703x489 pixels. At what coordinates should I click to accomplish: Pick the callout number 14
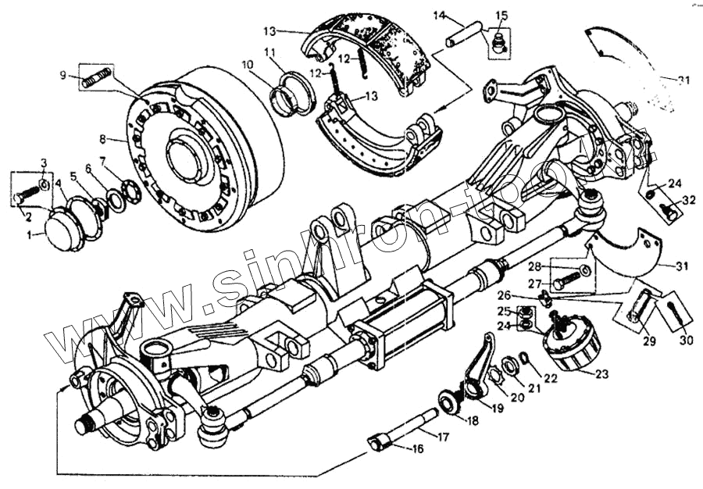click(439, 15)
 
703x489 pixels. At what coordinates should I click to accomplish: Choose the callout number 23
click(601, 374)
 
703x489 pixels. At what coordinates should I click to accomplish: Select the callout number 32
click(688, 200)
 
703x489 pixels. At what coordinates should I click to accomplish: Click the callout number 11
click(270, 52)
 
